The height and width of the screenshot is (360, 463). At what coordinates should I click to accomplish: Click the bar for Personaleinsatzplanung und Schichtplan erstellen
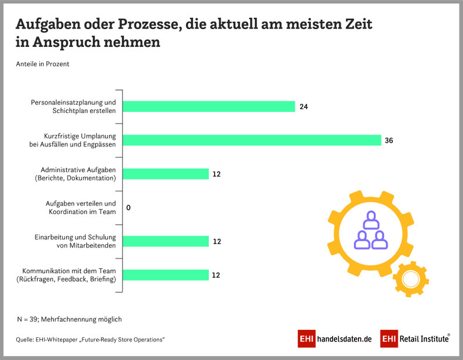(209, 107)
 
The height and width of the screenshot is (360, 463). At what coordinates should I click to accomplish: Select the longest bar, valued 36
(252, 140)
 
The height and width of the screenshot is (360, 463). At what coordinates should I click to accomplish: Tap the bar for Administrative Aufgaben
(165, 174)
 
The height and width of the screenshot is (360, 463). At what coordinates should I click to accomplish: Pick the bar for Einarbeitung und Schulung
(165, 241)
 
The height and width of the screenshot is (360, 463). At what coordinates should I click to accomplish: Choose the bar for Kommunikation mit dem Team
(165, 275)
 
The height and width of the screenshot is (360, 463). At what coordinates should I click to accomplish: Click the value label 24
(304, 107)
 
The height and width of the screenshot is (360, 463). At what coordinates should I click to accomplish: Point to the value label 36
(389, 140)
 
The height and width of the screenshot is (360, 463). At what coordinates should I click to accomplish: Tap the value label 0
(128, 208)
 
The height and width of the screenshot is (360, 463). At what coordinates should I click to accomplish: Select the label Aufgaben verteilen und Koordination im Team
(81, 208)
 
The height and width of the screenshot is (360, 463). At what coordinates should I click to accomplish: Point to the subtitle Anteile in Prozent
(42, 64)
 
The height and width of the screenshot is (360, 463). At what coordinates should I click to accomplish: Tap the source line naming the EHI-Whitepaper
(90, 339)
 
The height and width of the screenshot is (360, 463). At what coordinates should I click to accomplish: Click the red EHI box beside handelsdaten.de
(306, 339)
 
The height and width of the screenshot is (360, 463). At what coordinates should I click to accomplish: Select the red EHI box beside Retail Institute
(389, 339)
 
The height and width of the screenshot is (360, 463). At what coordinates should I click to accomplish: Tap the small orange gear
(410, 279)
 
